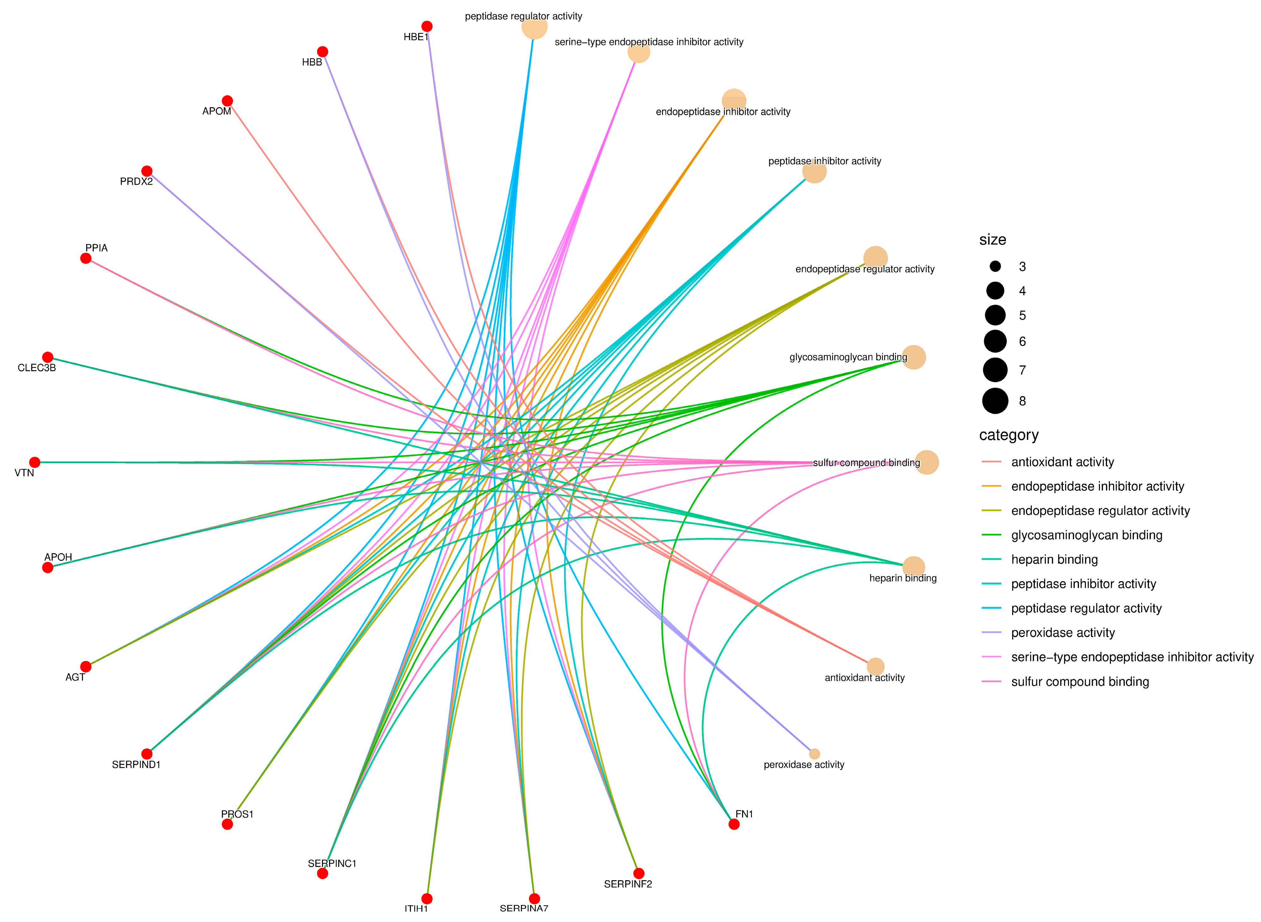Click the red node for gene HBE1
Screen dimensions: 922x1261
click(427, 26)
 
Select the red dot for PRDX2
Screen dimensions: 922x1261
click(147, 171)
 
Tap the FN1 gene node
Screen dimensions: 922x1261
click(734, 824)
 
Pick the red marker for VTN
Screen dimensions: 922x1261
click(34, 462)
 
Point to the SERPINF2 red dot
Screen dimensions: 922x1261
click(639, 873)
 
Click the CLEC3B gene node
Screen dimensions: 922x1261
click(48, 357)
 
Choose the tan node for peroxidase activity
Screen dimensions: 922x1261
click(815, 754)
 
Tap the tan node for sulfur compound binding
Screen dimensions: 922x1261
click(927, 462)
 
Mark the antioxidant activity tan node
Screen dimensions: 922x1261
click(875, 666)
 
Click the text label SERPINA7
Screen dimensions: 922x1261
click(524, 908)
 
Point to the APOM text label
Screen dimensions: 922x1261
click(216, 111)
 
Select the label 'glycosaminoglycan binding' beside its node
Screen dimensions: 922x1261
click(848, 357)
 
